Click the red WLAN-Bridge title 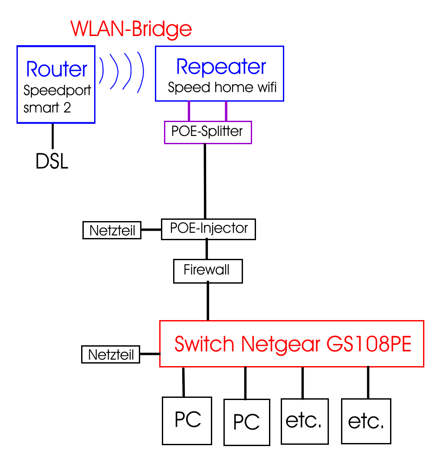point(131,29)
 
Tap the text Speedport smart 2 point(57,99)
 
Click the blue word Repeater point(221,66)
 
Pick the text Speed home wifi point(222,87)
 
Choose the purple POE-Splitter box point(207,132)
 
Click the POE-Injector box point(208,229)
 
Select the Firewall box point(207,271)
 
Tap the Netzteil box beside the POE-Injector point(112,230)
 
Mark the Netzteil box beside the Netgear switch point(111,354)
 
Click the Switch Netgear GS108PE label point(292,344)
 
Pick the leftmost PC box point(187,420)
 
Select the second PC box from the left point(246,421)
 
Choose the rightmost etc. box point(366,421)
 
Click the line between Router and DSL point(53,136)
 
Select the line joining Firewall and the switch point(208,301)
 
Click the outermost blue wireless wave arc point(140,73)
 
